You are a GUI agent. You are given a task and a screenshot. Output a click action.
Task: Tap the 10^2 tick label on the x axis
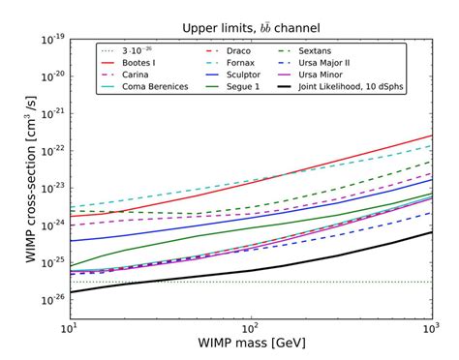click(x=251, y=328)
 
